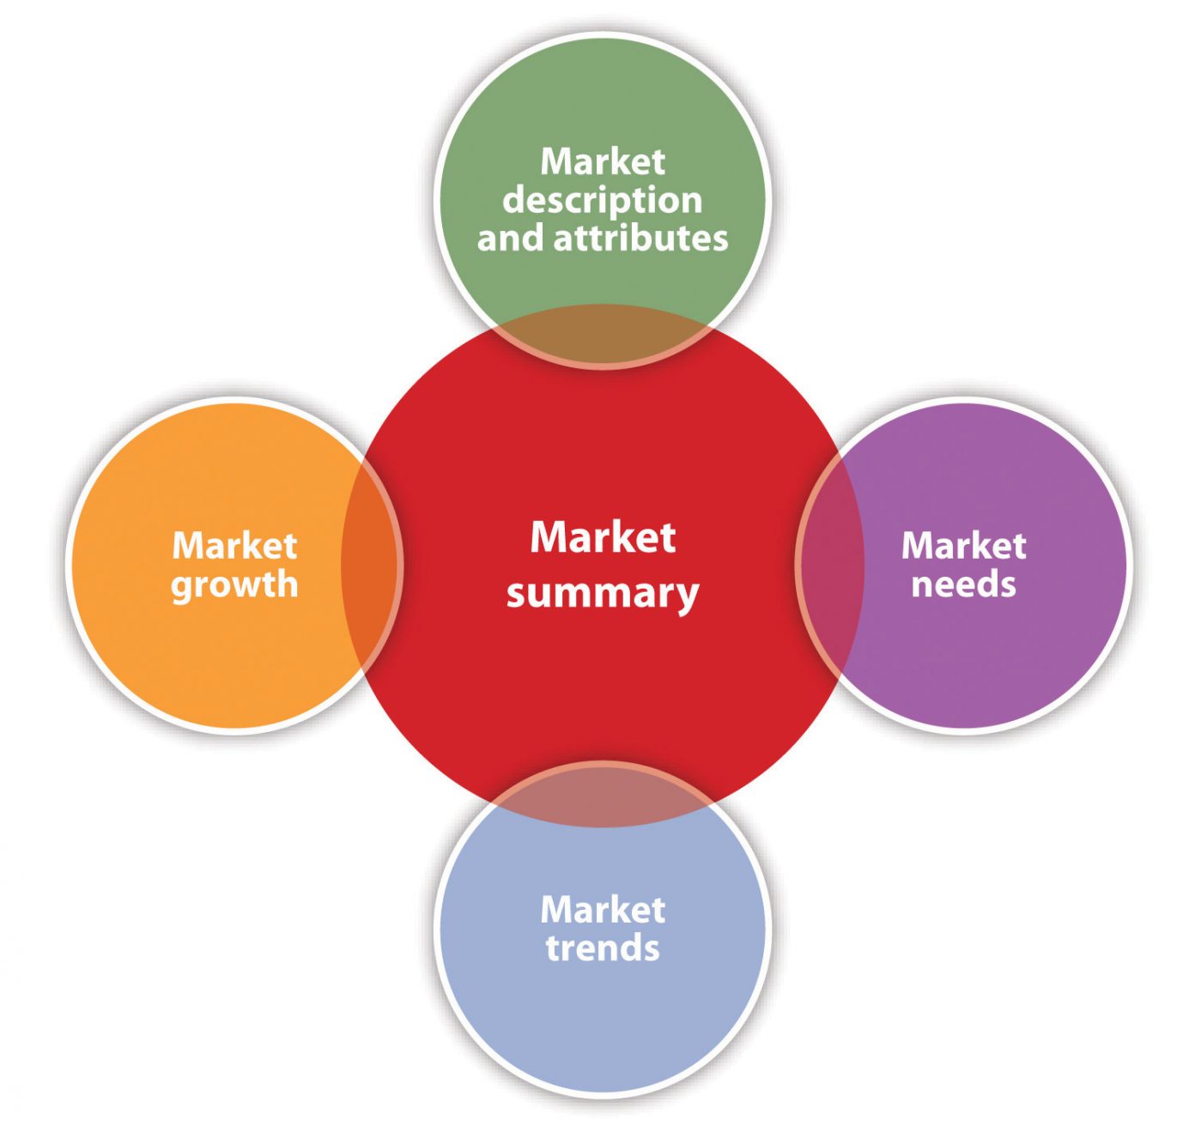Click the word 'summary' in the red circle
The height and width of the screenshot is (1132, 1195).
coord(603,594)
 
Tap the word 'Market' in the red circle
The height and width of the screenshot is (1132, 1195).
coord(603,537)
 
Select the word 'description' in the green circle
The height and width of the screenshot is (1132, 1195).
coord(603,202)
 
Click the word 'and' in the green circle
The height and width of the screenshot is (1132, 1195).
coord(511,238)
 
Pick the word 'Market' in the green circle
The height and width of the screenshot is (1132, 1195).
coord(603,161)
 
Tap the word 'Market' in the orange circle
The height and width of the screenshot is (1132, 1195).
coord(234,545)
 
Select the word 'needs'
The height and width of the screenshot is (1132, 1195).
coord(963,584)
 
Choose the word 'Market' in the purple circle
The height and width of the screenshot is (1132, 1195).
coord(963,545)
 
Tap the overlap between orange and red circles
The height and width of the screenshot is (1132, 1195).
coord(369,565)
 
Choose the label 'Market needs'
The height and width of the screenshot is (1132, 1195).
coord(963,565)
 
